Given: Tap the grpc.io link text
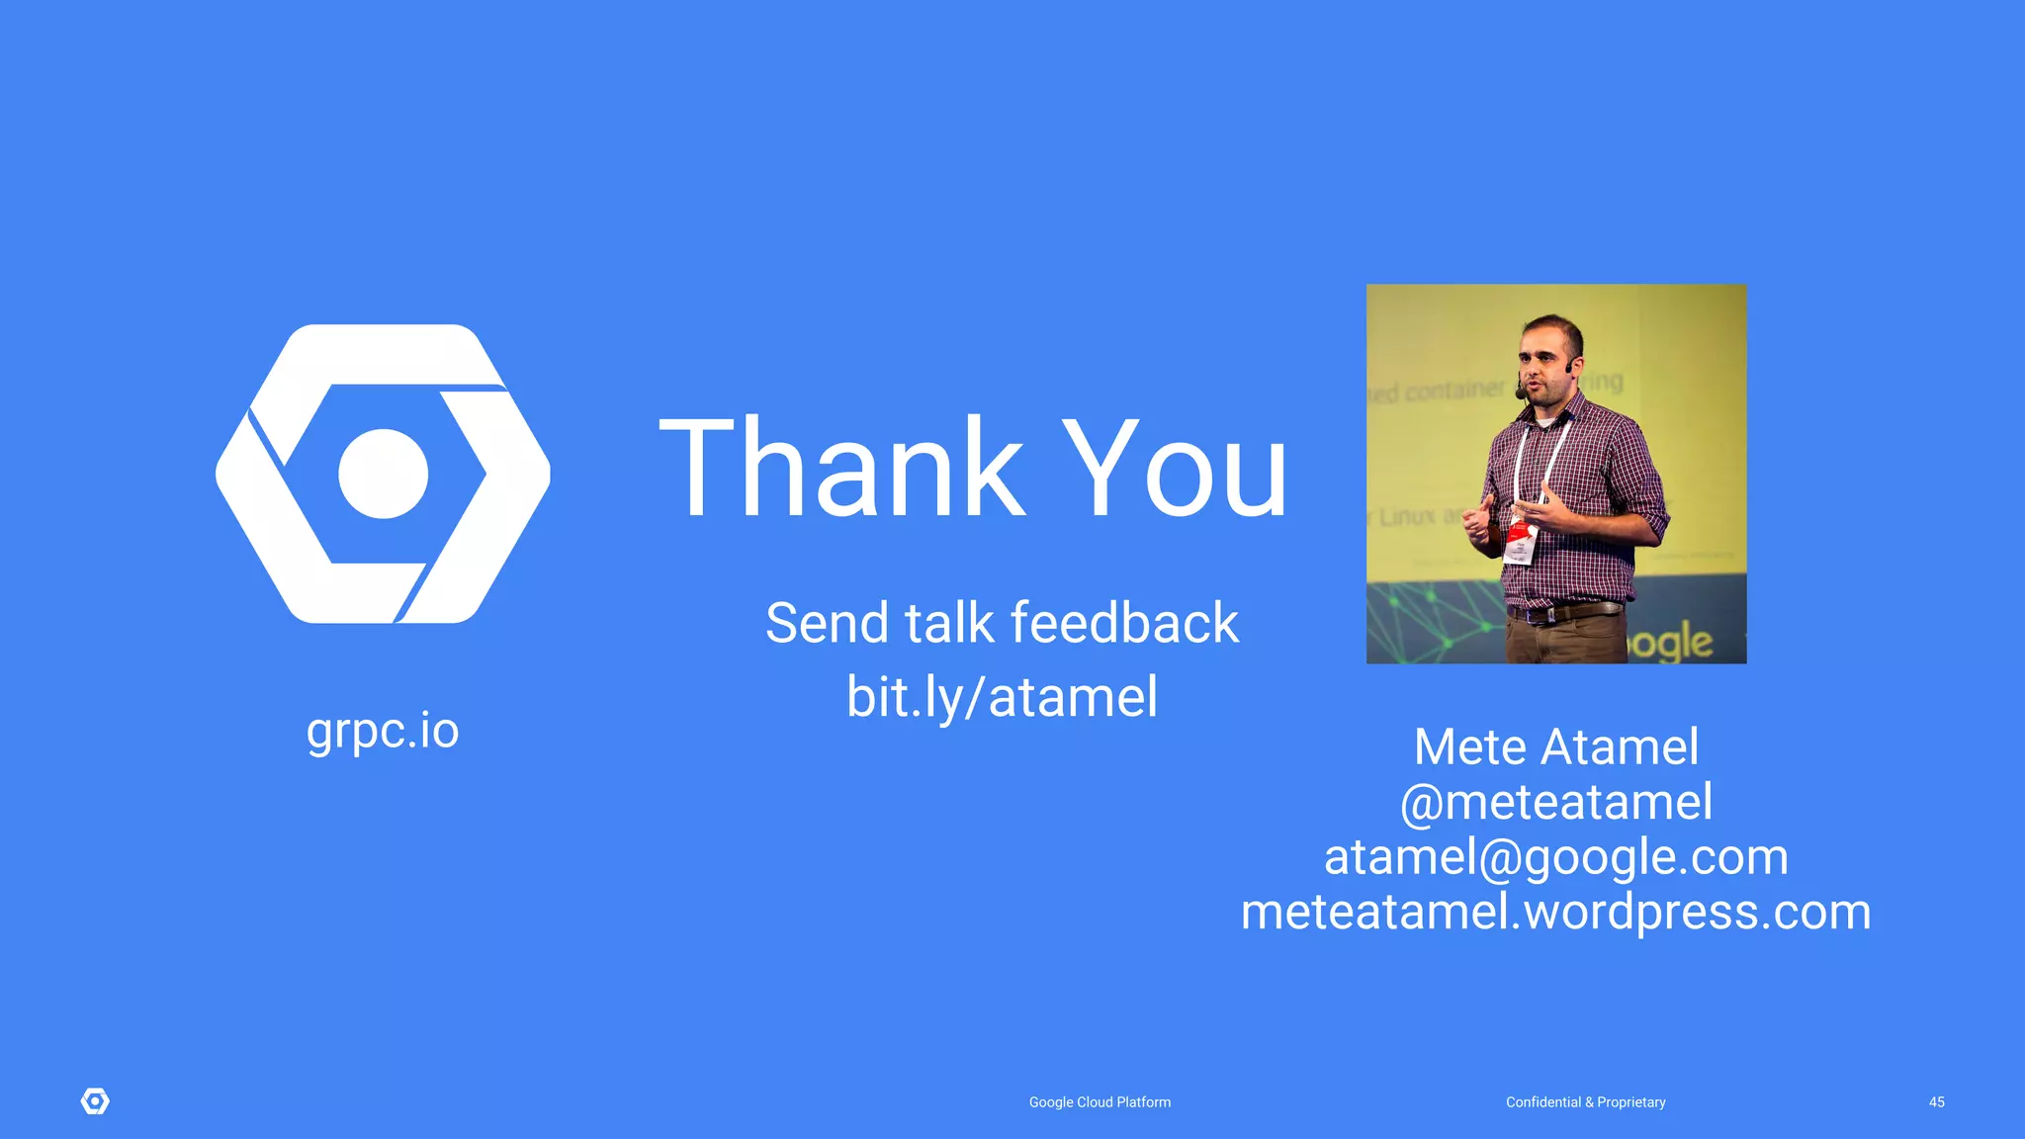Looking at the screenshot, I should tap(383, 732).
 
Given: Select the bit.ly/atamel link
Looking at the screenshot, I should tap(1002, 697).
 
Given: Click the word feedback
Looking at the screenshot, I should tap(1124, 623).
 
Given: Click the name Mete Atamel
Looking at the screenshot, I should tap(1555, 746).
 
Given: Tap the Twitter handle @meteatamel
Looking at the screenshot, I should tap(1555, 802).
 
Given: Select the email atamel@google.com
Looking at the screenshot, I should tap(1555, 856).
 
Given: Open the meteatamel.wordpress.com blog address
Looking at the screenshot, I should tap(1555, 912).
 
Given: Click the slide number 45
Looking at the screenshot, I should tap(1936, 1102).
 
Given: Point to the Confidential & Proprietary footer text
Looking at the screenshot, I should tap(1585, 1102).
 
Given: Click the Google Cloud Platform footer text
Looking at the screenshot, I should tap(1100, 1102).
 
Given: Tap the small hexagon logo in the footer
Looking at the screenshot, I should tap(95, 1101).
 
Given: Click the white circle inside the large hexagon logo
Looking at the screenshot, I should tap(383, 474).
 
